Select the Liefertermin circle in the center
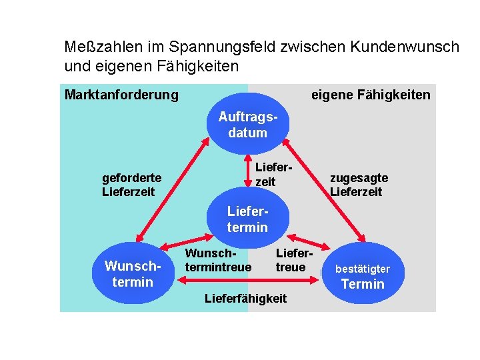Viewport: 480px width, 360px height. point(247,219)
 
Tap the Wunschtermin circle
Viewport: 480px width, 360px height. point(133,274)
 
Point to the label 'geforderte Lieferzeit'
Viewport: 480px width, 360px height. point(131,185)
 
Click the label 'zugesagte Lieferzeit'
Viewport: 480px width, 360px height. point(359,185)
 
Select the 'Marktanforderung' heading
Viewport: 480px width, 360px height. point(121,95)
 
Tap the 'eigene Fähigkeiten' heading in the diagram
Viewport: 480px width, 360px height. point(371,95)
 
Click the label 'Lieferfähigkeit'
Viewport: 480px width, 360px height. point(245,298)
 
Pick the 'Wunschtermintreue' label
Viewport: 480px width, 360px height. point(218,261)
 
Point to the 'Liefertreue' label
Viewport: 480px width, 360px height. point(291,261)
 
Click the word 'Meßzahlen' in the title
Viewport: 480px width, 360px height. point(98,47)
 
